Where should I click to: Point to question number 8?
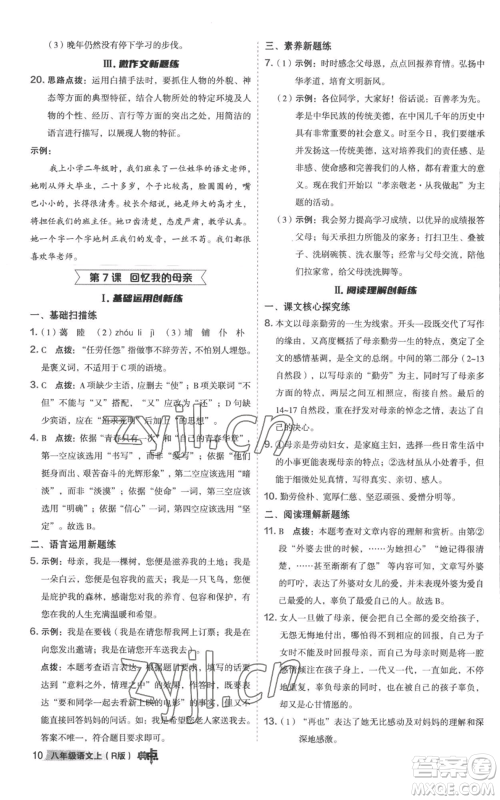(269, 340)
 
